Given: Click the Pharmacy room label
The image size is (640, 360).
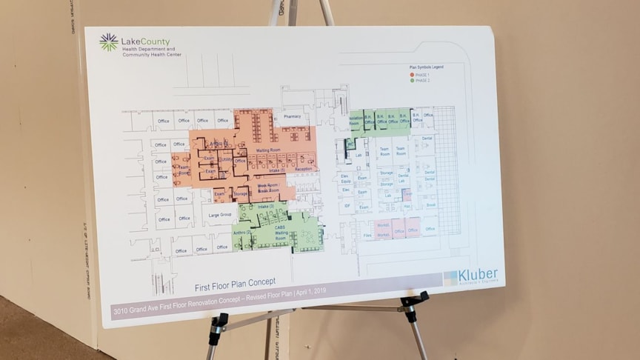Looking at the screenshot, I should [x=293, y=116].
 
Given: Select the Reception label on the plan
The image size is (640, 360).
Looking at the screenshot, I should [x=304, y=170].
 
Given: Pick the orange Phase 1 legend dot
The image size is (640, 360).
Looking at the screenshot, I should [x=411, y=74].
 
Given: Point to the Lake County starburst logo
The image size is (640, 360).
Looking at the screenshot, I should [x=108, y=41].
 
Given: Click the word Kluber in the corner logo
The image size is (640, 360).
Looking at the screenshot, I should [x=478, y=274].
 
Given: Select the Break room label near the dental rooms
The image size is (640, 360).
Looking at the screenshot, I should [x=430, y=204].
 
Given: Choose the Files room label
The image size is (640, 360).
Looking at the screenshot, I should [x=367, y=236].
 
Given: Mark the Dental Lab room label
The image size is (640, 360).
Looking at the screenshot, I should [x=404, y=178].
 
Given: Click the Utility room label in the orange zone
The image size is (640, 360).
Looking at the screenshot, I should [x=226, y=159].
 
